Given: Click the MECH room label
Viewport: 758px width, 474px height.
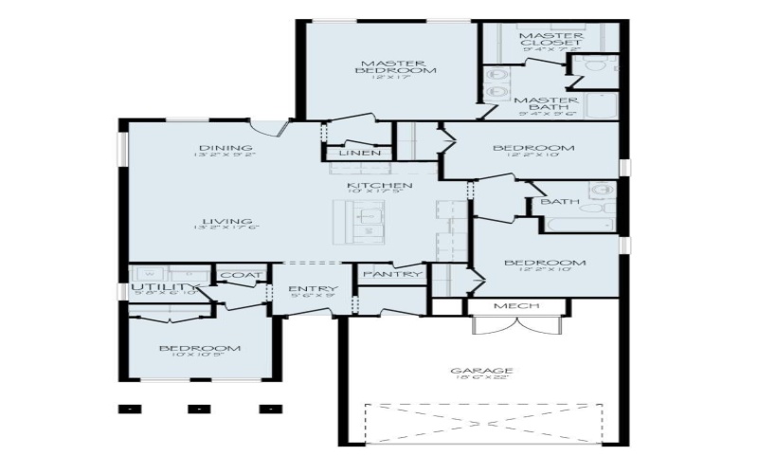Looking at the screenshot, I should click(x=516, y=306).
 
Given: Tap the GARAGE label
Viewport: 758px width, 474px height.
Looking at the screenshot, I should click(x=482, y=371).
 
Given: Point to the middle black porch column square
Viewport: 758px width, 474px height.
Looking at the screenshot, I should click(x=198, y=410).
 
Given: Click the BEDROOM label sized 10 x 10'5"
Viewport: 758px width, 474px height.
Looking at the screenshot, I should click(x=199, y=348).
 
